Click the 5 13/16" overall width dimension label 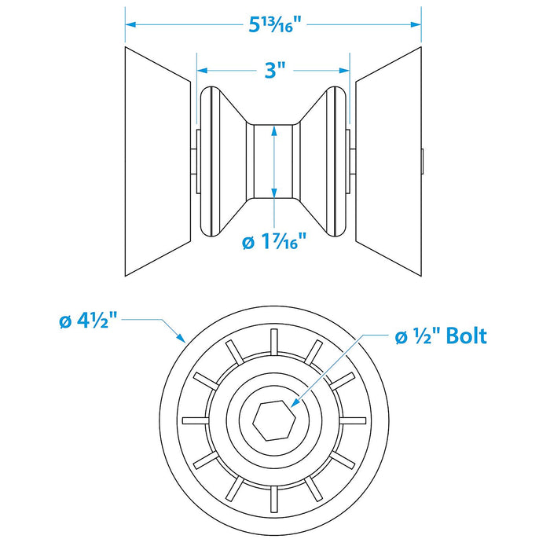(275, 24)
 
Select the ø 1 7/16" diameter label (274, 241)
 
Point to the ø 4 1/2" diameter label (88, 321)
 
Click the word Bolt (466, 335)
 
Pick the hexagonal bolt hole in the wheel (273, 420)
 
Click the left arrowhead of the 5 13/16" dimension (130, 24)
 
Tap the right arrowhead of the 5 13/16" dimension (416, 24)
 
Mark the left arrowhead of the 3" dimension (203, 71)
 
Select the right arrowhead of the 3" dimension (344, 71)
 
